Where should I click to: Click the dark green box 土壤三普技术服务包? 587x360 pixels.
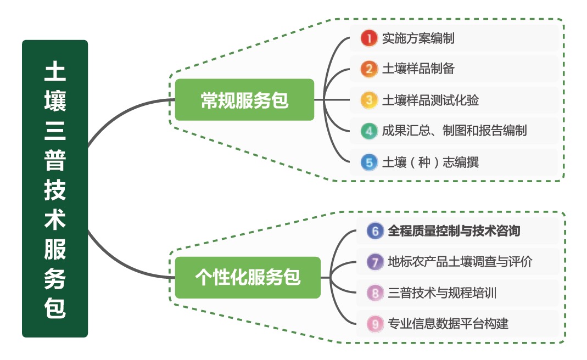point(55,188)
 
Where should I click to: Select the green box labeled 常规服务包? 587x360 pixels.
point(244,100)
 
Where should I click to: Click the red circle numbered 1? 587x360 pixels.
point(369,38)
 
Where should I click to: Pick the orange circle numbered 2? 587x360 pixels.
point(369,69)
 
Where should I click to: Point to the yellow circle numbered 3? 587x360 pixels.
point(369,100)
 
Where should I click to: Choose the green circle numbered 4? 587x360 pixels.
point(369,131)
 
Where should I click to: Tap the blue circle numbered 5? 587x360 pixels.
point(369,162)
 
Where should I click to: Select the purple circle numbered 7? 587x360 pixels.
point(375,262)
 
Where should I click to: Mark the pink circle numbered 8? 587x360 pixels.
point(375,293)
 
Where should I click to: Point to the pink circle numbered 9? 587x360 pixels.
point(375,324)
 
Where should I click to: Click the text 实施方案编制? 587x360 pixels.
point(418,38)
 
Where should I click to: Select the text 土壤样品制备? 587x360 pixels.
point(418,69)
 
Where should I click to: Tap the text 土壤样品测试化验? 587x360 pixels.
point(431,100)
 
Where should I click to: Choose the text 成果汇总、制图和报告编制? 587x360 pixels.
point(455,131)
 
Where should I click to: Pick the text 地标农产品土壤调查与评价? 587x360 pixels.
point(460,262)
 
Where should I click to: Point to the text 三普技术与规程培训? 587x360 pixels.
point(442,293)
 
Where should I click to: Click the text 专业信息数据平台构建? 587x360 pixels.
point(448,324)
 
